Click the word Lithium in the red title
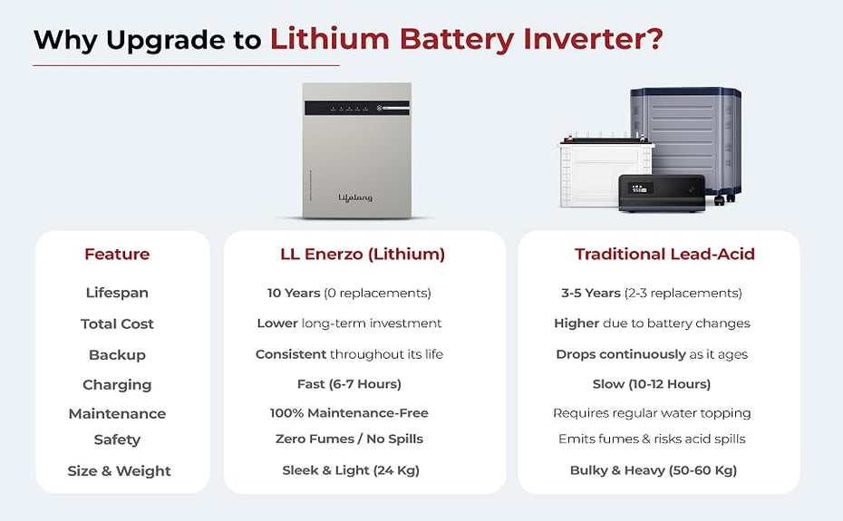330,40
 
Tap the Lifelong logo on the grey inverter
355,198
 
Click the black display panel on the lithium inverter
357,108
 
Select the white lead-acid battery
605,172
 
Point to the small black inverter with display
662,192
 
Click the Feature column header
117,254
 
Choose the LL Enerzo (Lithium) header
363,254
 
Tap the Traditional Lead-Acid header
664,254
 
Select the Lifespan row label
117,293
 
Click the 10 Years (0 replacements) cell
350,293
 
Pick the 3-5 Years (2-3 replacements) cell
652,293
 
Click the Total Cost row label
117,323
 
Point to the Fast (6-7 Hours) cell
350,384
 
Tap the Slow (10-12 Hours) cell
652,384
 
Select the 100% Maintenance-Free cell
350,413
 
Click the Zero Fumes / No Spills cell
350,439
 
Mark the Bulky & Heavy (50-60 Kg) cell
654,470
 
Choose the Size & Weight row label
119,471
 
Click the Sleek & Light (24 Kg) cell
351,470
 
